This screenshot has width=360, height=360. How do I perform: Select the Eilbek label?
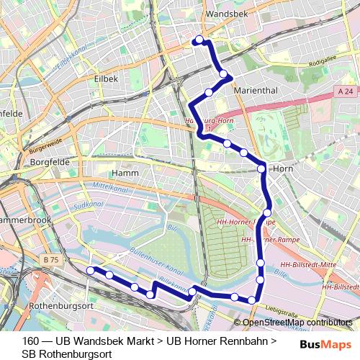107,78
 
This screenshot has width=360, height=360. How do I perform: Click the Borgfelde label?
50,162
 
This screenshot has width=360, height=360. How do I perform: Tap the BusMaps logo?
327,345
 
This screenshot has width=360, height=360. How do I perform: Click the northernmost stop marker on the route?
199,41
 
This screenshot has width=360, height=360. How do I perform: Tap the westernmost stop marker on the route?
91,270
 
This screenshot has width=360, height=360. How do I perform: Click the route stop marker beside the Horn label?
261,169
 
